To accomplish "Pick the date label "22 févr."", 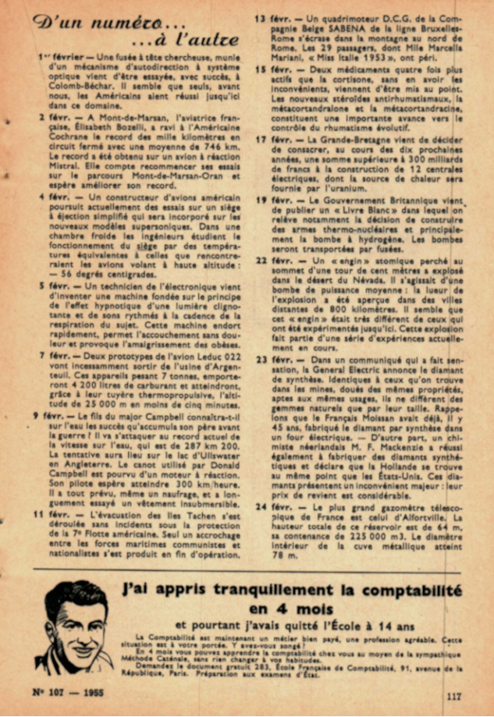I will (274, 259).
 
